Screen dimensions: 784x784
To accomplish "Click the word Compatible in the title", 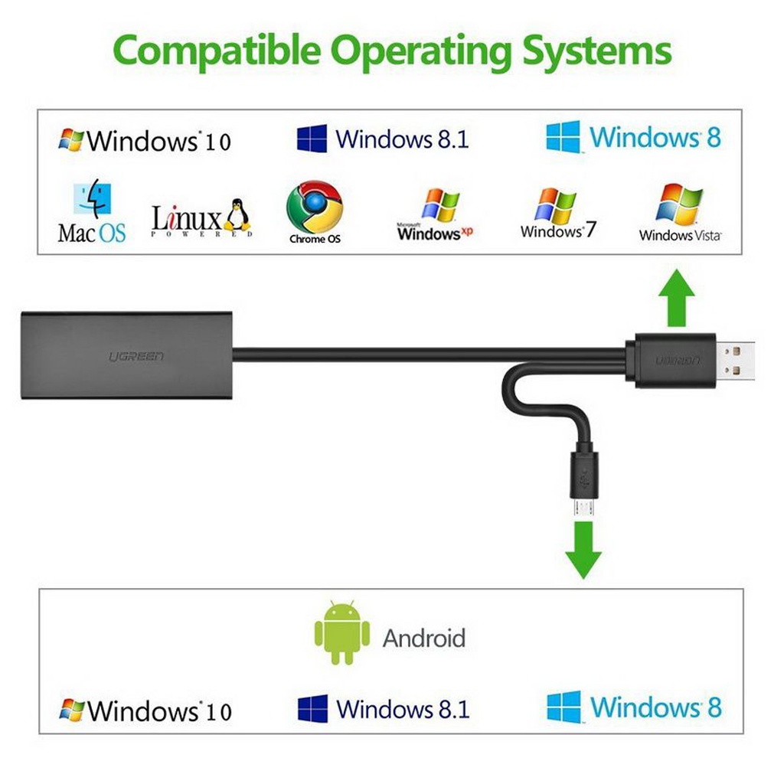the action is [x=217, y=51].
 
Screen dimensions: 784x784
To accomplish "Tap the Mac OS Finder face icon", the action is [x=92, y=198].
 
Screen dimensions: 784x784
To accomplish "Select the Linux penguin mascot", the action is [x=237, y=216].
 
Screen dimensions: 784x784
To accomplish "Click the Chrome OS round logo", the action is [x=315, y=207].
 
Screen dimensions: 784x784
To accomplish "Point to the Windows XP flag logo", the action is [x=440, y=205].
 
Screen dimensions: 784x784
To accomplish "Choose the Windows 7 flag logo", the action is [x=555, y=205].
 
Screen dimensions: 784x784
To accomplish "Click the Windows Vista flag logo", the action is [x=679, y=203].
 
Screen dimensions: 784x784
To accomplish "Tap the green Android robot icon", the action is [x=342, y=632].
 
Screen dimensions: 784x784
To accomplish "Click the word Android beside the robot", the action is [x=424, y=638].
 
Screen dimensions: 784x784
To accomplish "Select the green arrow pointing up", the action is [x=677, y=298].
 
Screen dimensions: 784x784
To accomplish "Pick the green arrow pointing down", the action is [x=583, y=550].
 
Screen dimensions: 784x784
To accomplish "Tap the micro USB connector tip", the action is [x=583, y=508].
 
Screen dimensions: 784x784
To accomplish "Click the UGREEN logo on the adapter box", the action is [x=136, y=357].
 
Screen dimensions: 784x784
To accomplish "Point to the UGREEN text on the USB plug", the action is [x=678, y=361].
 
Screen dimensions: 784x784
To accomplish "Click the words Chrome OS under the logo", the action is [x=315, y=239].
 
